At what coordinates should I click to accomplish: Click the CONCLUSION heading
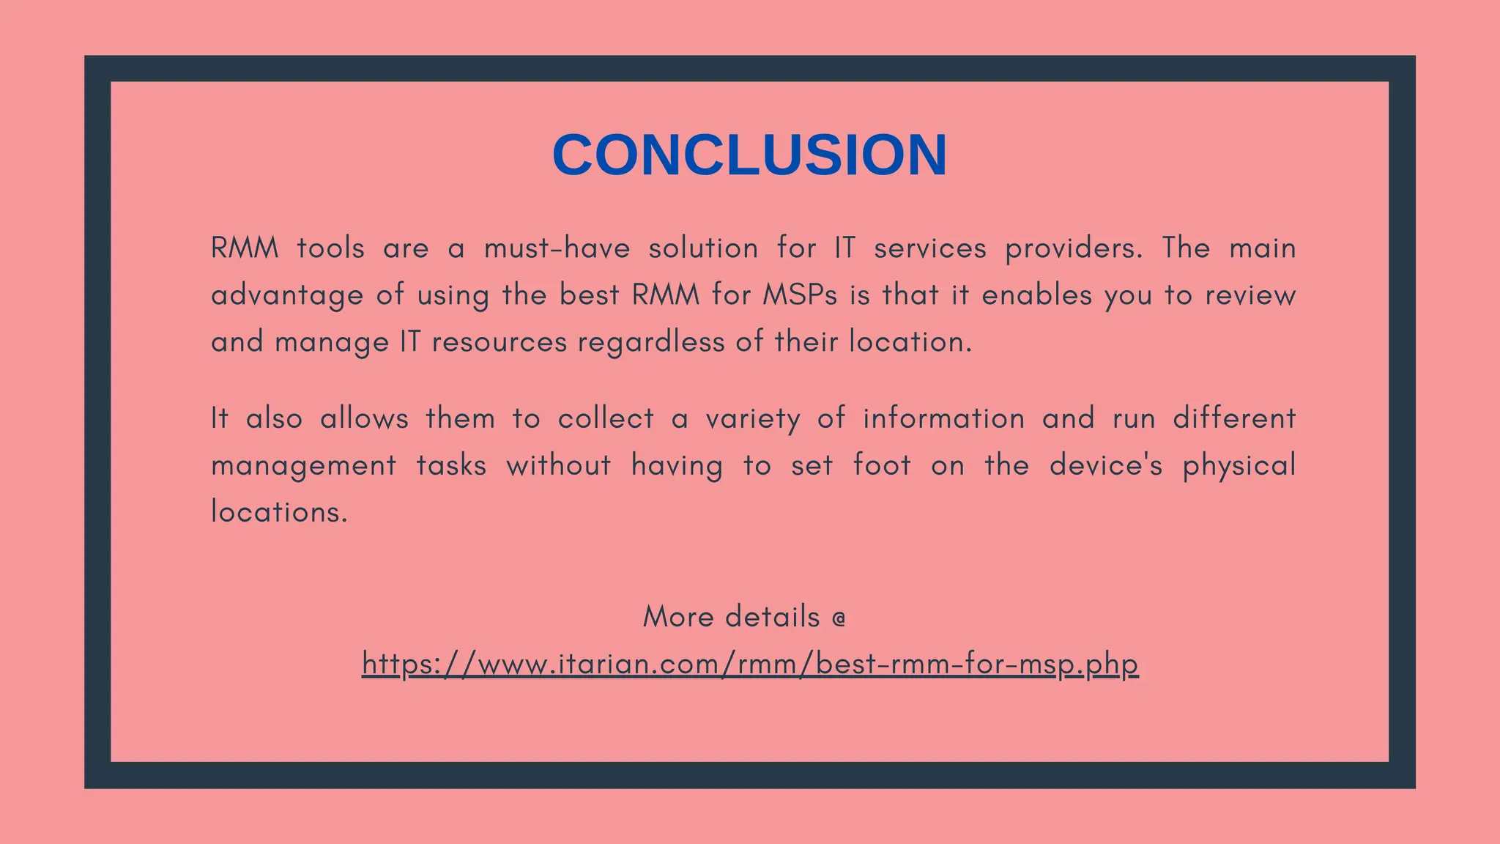pyautogui.click(x=749, y=155)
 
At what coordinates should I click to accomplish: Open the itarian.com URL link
pyautogui.click(x=750, y=664)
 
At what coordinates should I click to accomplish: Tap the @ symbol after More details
pyautogui.click(x=839, y=618)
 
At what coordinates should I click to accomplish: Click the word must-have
pyautogui.click(x=557, y=248)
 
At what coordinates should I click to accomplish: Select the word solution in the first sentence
pyautogui.click(x=703, y=248)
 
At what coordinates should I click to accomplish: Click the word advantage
pyautogui.click(x=287, y=296)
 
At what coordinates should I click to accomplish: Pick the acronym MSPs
pyautogui.click(x=800, y=295)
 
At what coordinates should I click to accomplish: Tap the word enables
pyautogui.click(x=1036, y=295)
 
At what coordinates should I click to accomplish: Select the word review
pyautogui.click(x=1250, y=295)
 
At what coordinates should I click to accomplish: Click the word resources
pyautogui.click(x=499, y=342)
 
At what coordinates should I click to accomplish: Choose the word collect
pyautogui.click(x=606, y=418)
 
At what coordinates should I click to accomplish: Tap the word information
pyautogui.click(x=943, y=418)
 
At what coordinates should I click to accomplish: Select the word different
pyautogui.click(x=1234, y=418)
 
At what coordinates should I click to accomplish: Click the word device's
pyautogui.click(x=1105, y=465)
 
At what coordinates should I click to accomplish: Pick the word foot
pyautogui.click(x=882, y=465)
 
